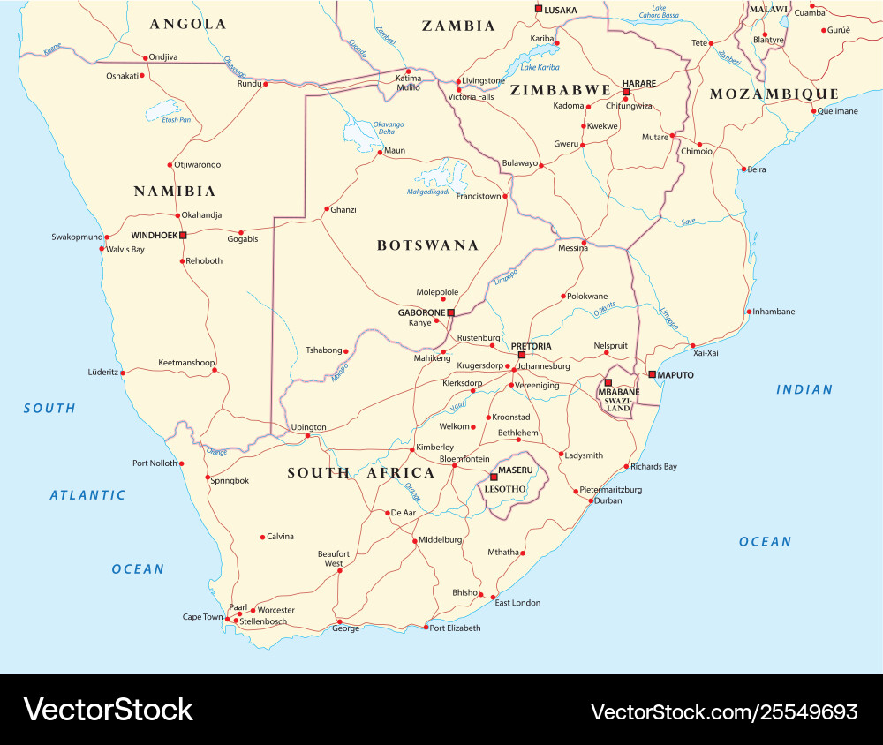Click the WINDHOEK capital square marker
183,235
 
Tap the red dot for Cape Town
228,620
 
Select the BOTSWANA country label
427,245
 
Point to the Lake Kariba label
540,67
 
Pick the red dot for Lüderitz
123,372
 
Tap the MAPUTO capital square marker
652,374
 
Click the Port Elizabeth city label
456,628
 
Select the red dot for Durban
591,500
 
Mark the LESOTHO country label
506,489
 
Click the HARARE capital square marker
625,92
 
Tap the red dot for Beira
743,169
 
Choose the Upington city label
308,427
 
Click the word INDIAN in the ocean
804,389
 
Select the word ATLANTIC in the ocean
87,495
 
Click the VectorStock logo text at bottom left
108,710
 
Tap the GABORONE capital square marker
450,312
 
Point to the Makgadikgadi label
428,192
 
